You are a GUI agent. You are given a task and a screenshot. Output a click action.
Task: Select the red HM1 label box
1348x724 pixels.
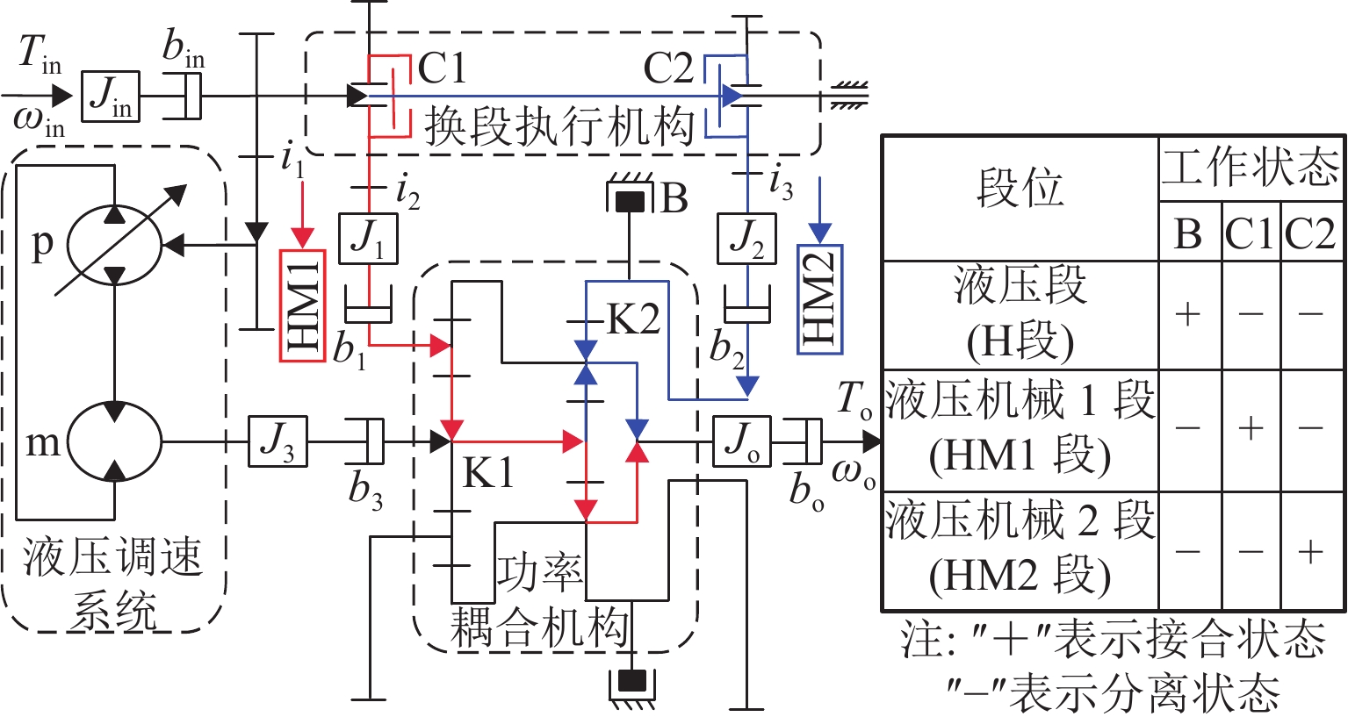pyautogui.click(x=303, y=305)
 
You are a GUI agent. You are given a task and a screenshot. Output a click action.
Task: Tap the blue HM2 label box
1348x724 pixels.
pyautogui.click(x=819, y=299)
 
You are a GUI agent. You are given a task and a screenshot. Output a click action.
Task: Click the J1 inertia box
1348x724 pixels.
pyautogui.click(x=368, y=238)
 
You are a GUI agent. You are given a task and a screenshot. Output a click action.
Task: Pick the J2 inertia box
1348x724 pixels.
pyautogui.click(x=747, y=238)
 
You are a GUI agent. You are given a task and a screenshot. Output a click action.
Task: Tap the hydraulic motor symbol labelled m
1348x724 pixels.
pyautogui.click(x=115, y=441)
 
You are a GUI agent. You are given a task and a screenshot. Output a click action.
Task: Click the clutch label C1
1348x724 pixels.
pyautogui.click(x=442, y=68)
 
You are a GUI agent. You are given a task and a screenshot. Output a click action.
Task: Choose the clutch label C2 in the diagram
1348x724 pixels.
pyautogui.click(x=669, y=68)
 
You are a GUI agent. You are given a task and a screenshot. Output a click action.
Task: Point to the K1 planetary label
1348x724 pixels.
pyautogui.click(x=488, y=474)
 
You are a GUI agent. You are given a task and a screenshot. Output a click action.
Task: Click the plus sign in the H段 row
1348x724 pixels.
pyautogui.click(x=1188, y=314)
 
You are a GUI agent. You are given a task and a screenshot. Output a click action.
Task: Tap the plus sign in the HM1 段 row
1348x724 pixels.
pyautogui.click(x=1251, y=428)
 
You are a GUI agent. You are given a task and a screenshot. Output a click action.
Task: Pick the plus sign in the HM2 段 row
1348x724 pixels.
pyautogui.click(x=1310, y=551)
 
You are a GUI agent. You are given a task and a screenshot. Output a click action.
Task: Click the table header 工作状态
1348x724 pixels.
pyautogui.click(x=1251, y=167)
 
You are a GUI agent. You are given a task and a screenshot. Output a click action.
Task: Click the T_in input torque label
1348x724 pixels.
pyautogui.click(x=40, y=55)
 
